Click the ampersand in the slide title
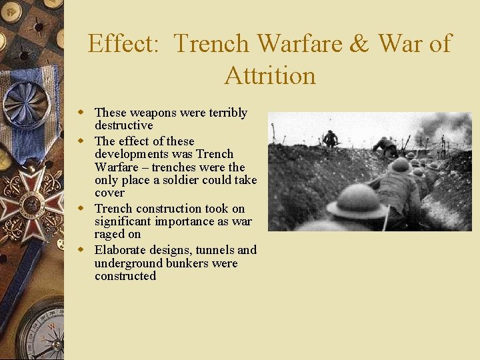pyautogui.click(x=359, y=44)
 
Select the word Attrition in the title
pyautogui.click(x=270, y=75)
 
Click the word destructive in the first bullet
pyautogui.click(x=123, y=125)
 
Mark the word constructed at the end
pyautogui.click(x=125, y=276)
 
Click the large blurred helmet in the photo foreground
pyautogui.click(x=357, y=201)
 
